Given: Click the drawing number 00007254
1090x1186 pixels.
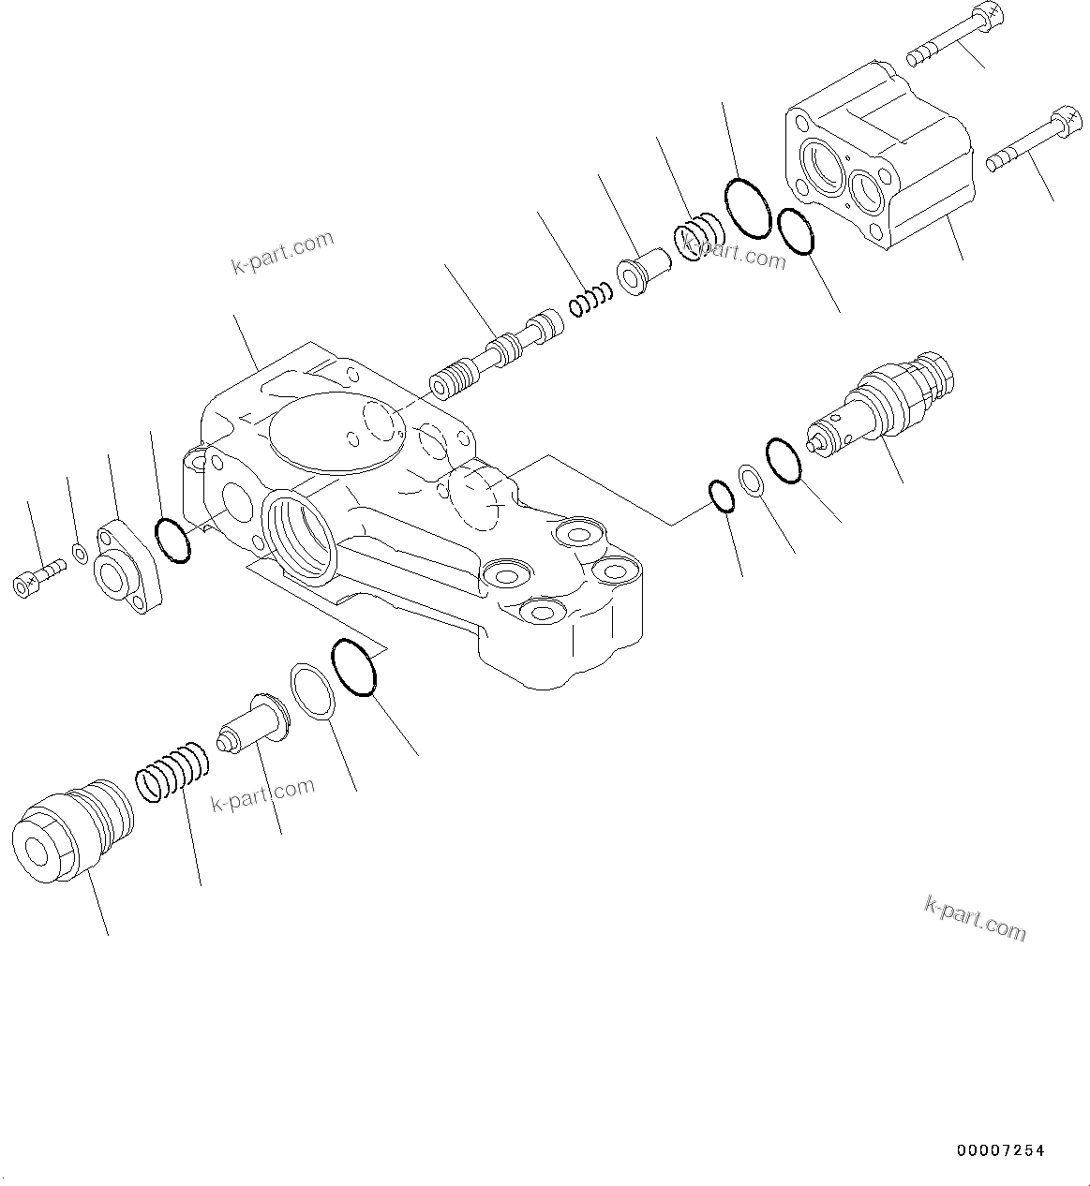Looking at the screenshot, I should (x=1000, y=1150).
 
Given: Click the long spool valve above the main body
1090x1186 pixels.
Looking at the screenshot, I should (x=497, y=355).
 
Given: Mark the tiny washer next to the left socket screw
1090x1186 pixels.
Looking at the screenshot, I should (x=81, y=554).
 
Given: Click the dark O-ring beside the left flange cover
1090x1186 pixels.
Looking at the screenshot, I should (x=172, y=540).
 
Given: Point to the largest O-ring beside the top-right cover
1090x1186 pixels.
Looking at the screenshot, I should (x=747, y=206).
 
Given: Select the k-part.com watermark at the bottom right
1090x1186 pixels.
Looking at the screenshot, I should (x=975, y=917).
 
